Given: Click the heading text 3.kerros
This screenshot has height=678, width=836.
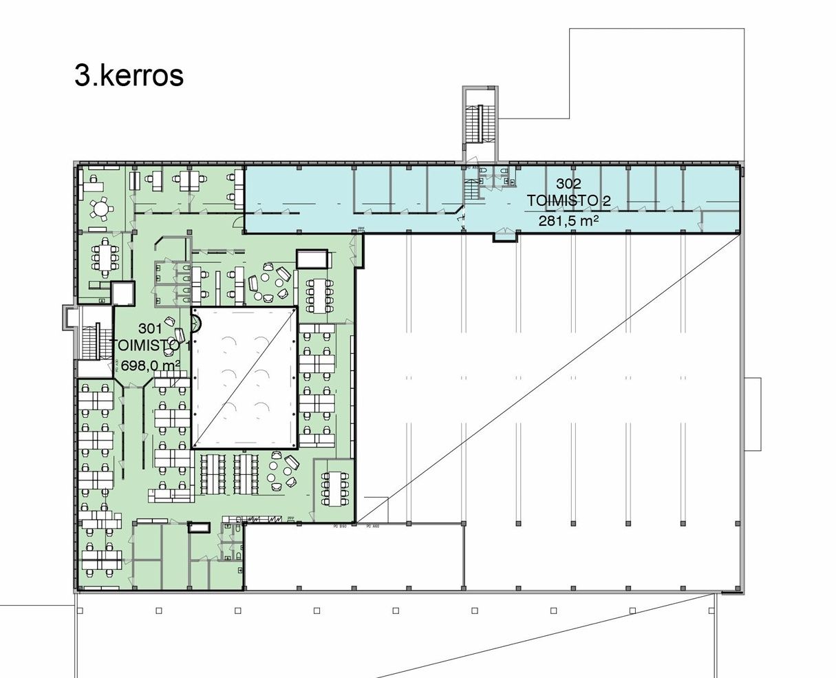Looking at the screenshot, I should tap(129, 76).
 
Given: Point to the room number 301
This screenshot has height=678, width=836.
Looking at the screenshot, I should tap(151, 328).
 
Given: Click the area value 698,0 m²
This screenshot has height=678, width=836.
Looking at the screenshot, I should tap(151, 364).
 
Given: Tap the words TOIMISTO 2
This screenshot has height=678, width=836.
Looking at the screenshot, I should tap(568, 201).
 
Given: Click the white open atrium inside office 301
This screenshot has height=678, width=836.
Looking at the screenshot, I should tap(244, 377).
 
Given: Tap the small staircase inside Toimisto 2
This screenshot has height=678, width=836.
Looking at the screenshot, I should tap(471, 186).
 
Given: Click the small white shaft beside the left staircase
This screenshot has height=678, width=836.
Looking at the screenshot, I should tap(122, 293).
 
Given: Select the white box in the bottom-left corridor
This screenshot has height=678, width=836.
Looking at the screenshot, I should tap(197, 527).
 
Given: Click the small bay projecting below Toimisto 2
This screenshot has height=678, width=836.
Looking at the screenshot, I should tap(504, 236).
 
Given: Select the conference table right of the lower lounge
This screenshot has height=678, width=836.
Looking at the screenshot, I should tap(335, 489).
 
